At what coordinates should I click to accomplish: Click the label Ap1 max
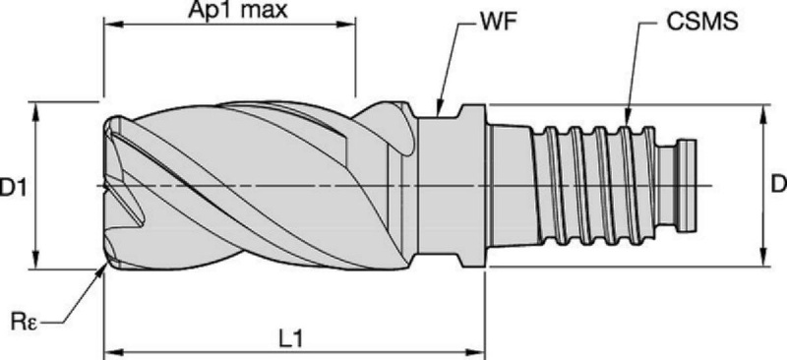pyautogui.click(x=237, y=10)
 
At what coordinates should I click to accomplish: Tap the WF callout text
pyautogui.click(x=498, y=23)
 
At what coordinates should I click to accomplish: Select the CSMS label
pyautogui.click(x=702, y=23)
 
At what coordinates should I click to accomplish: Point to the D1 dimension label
pyautogui.click(x=13, y=188)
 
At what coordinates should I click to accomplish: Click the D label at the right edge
pyautogui.click(x=779, y=185)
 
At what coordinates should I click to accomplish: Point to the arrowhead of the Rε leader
pyautogui.click(x=102, y=270)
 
